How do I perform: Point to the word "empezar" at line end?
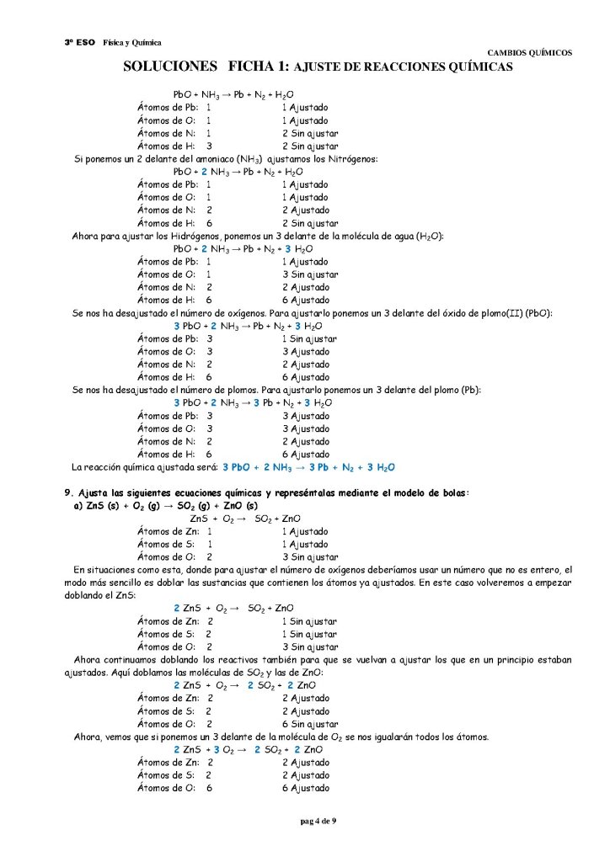point(553,583)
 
